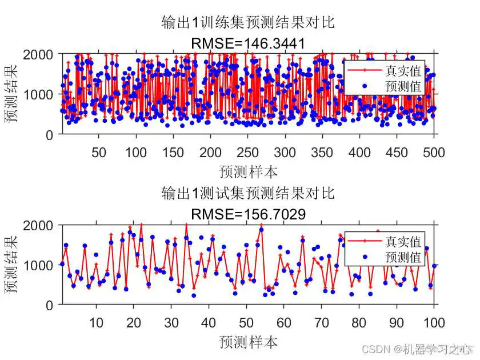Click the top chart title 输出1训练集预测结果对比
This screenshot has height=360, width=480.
click(x=247, y=23)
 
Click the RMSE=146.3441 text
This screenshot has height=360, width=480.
click(x=247, y=43)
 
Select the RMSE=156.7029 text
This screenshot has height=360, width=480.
click(x=247, y=214)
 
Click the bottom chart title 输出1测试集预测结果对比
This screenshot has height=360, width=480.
click(x=247, y=193)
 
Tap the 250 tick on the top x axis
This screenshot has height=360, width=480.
click(x=247, y=152)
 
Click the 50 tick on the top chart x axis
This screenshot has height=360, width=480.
click(x=98, y=152)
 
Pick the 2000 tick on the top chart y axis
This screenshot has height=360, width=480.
click(x=38, y=54)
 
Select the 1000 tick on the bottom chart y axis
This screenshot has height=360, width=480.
click(x=38, y=265)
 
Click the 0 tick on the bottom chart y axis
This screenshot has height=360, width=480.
click(x=50, y=305)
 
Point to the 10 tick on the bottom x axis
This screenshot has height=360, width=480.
click(x=96, y=323)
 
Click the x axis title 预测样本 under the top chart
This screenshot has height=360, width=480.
click(x=248, y=171)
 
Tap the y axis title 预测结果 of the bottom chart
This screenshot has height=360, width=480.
click(x=11, y=265)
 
